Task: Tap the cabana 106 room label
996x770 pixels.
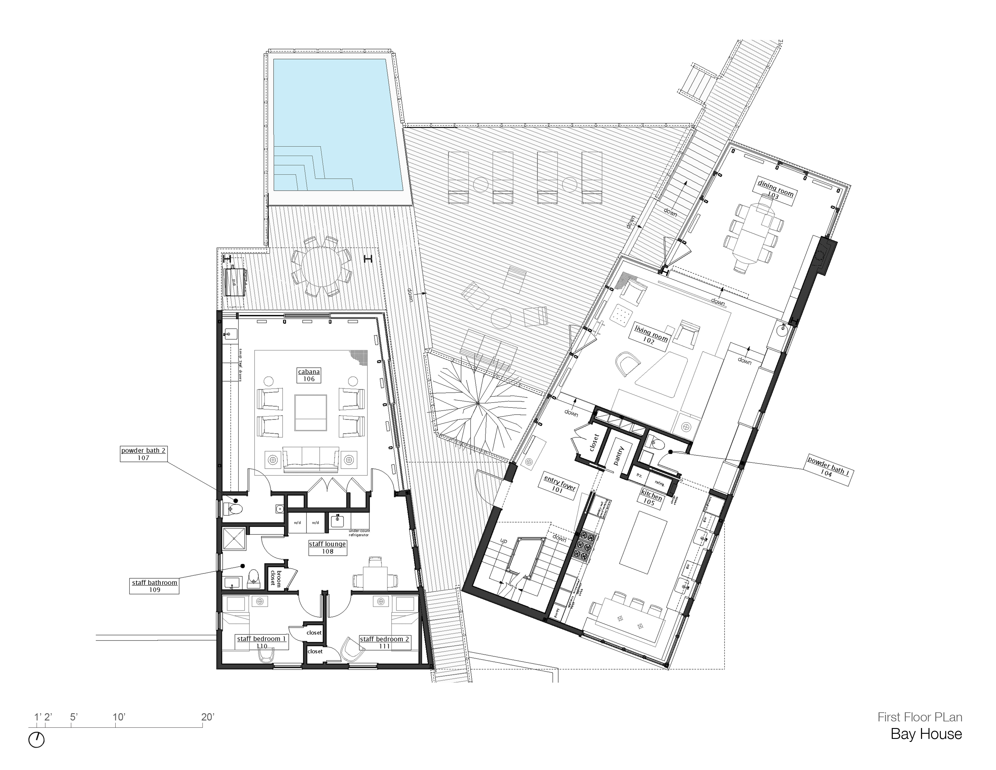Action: pyautogui.click(x=309, y=375)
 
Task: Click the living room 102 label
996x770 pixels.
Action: pyautogui.click(x=650, y=335)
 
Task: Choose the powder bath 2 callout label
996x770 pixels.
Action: pyautogui.click(x=143, y=454)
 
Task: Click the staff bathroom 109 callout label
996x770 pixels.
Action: pyautogui.click(x=155, y=586)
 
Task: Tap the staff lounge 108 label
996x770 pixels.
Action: pyautogui.click(x=327, y=547)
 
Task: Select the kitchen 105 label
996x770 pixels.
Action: pyautogui.click(x=650, y=498)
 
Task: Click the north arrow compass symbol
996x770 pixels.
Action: pyautogui.click(x=37, y=740)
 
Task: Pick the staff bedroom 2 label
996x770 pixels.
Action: pyautogui.click(x=385, y=642)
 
